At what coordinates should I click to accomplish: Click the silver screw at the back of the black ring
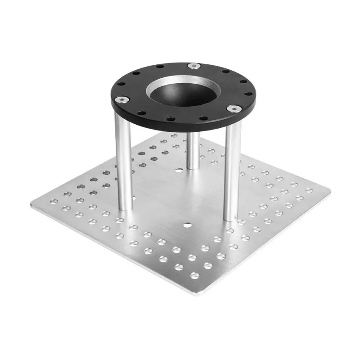pos(194,66)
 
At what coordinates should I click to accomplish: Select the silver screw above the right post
pos(234,108)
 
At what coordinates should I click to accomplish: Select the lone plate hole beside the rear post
pos(180,170)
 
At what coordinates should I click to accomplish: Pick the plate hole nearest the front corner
pos(195,275)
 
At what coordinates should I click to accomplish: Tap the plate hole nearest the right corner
pos(310,191)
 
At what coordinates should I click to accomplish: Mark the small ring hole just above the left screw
pos(118,88)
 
